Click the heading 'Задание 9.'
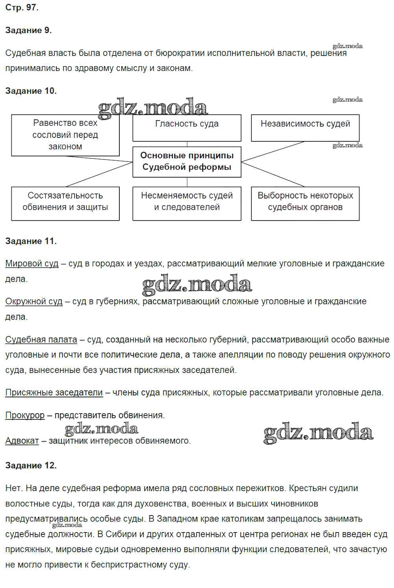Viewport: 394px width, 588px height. click(28, 30)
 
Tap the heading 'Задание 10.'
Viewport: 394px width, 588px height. click(31, 91)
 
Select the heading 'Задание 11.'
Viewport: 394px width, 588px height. click(31, 241)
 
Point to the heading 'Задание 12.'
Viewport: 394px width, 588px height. click(31, 466)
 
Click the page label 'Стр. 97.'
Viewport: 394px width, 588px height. click(22, 7)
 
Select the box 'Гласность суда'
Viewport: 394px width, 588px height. click(187, 128)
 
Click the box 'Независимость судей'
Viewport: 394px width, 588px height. click(305, 128)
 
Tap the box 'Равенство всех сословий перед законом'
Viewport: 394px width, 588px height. click(65, 135)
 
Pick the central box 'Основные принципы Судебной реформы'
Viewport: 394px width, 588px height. click(187, 161)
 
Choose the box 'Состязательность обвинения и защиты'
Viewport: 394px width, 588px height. click(65, 203)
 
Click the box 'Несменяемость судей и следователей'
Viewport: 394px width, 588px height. click(187, 203)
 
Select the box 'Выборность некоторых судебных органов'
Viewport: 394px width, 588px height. click(305, 203)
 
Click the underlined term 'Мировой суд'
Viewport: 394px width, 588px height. click(32, 263)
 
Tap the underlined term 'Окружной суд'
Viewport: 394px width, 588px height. click(34, 301)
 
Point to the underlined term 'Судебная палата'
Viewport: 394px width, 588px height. click(41, 339)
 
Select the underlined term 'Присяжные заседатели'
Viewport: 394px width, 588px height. click(54, 393)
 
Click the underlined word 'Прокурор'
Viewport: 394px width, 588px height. click(25, 415)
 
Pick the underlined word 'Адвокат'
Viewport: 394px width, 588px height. click(22, 441)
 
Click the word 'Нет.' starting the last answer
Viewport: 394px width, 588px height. click(14, 488)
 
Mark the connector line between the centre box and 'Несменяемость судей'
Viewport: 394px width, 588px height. click(187, 182)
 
